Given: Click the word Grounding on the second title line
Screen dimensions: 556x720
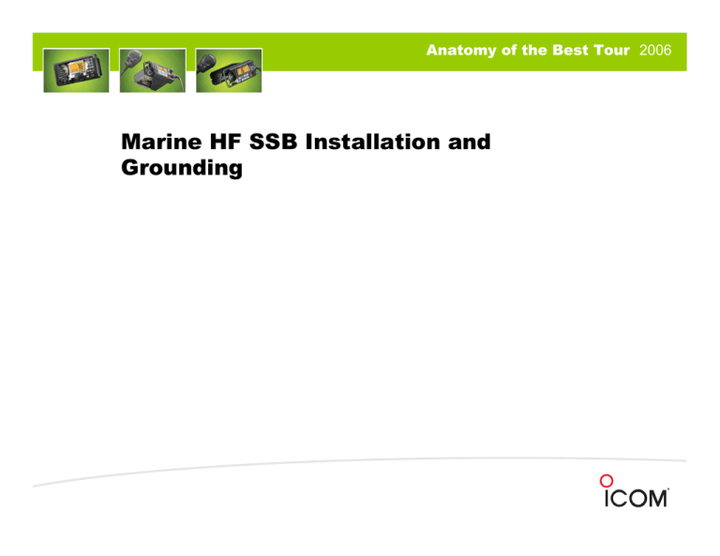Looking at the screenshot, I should [x=181, y=169].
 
